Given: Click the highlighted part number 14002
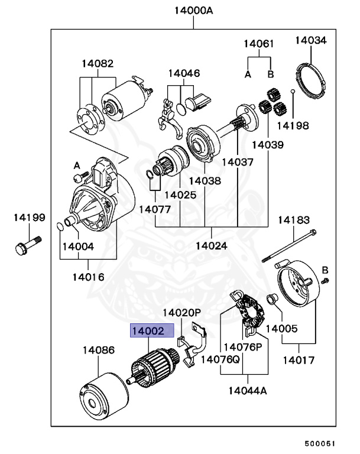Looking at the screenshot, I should point(152,332).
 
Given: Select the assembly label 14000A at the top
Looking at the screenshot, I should point(193,10).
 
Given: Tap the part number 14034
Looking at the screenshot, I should point(311,41).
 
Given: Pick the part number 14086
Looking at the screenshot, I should point(99,350).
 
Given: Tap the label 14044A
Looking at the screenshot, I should point(248,390).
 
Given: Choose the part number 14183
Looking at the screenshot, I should point(294,220).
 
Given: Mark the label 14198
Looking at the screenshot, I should point(293,125).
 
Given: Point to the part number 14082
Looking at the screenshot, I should point(98,63).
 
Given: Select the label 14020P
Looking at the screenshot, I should point(182,312).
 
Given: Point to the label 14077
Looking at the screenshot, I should point(155,209).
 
